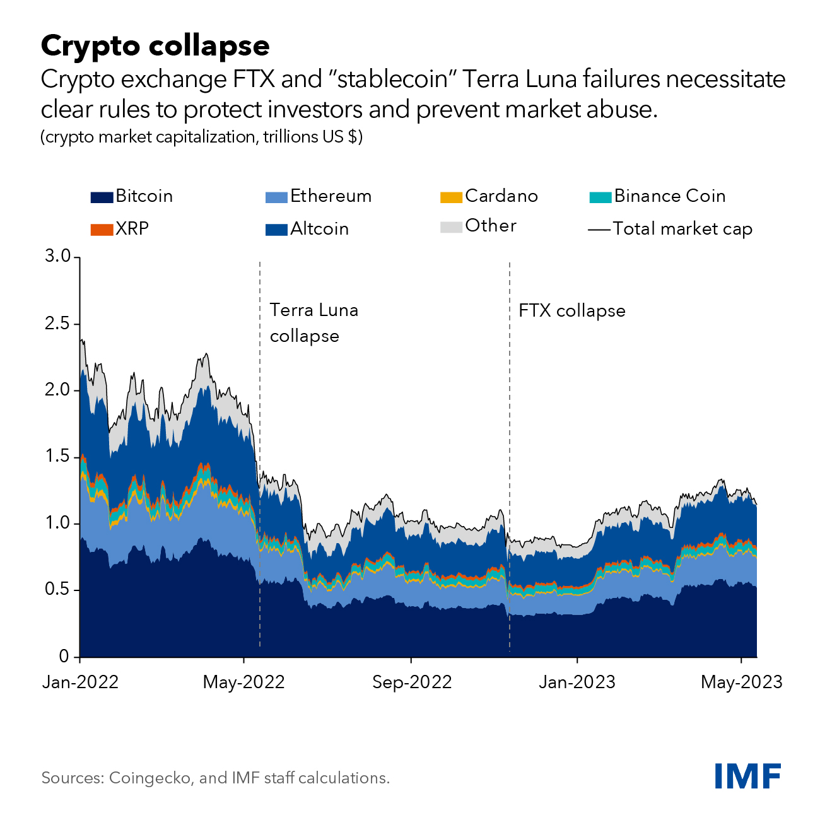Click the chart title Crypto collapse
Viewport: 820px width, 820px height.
[x=155, y=45]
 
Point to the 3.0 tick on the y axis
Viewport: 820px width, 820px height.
[x=57, y=257]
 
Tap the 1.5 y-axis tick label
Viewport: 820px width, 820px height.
[x=57, y=457]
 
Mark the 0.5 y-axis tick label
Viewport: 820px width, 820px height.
[x=57, y=590]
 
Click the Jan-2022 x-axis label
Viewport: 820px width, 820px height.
[x=80, y=682]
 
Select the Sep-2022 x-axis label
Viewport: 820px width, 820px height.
[x=412, y=682]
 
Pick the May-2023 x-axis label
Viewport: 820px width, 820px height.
[x=741, y=682]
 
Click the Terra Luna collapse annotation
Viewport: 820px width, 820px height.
[x=313, y=323]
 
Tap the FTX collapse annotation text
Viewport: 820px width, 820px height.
[x=571, y=311]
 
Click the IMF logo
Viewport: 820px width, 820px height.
[x=747, y=776]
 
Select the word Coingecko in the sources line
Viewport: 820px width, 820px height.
[x=150, y=778]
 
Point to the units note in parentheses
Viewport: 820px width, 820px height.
[x=201, y=137]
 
